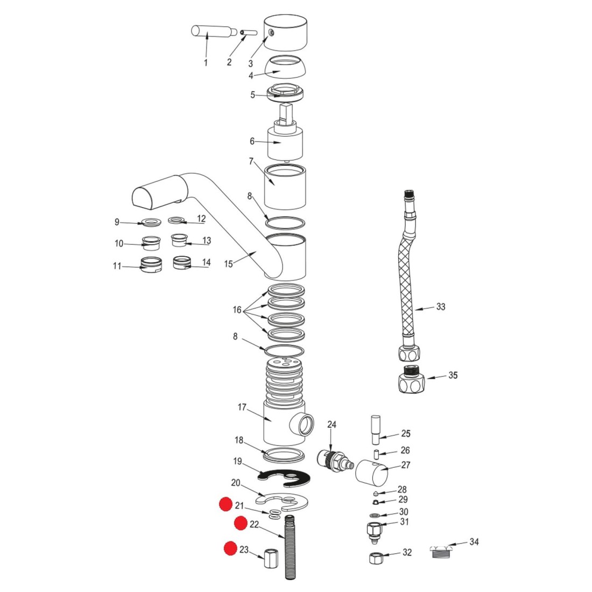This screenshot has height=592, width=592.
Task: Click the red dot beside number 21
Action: [x=225, y=505]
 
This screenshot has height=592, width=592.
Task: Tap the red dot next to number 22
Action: [x=240, y=523]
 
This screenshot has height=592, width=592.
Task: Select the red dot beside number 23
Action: [x=230, y=548]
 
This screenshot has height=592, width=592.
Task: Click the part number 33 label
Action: [x=441, y=307]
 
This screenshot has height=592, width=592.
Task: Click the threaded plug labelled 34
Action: [x=442, y=552]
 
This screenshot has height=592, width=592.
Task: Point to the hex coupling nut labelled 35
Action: [x=412, y=379]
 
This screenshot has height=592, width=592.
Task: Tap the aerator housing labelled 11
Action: [x=151, y=264]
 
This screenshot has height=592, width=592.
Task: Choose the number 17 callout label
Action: [x=242, y=407]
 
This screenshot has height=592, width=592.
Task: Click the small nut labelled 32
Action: [x=376, y=558]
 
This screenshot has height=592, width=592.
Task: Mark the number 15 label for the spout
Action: [x=229, y=264]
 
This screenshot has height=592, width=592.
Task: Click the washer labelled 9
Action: [x=151, y=222]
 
